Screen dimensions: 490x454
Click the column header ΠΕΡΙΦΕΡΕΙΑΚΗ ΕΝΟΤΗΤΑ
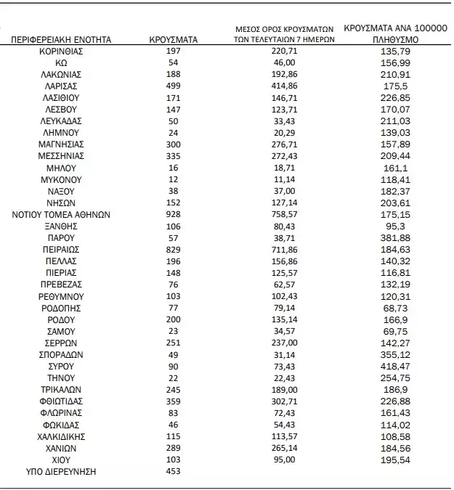pyautogui.click(x=62, y=39)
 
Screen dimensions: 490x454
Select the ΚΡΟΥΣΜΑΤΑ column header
pyautogui.click(x=174, y=39)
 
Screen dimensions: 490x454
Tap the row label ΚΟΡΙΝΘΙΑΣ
pyautogui.click(x=62, y=52)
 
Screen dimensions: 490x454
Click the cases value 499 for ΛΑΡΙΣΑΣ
pyautogui.click(x=173, y=85)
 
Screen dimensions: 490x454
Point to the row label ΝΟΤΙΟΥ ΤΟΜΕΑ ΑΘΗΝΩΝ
pyautogui.click(x=61, y=214)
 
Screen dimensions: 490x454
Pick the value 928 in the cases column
pyautogui.click(x=173, y=214)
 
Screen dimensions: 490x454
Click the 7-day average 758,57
pyautogui.click(x=285, y=214)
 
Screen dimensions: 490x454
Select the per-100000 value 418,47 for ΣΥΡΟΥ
pyautogui.click(x=395, y=367)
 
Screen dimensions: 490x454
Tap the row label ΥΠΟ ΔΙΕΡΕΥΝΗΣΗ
pyautogui.click(x=61, y=472)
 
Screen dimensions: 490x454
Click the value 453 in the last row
pyautogui.click(x=173, y=472)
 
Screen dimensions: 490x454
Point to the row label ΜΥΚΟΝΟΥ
pyautogui.click(x=62, y=179)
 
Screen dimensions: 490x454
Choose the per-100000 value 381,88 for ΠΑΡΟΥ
pyautogui.click(x=395, y=237)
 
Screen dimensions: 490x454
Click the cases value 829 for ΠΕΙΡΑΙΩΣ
pyautogui.click(x=173, y=249)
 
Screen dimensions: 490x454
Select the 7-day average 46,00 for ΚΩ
pyautogui.click(x=285, y=63)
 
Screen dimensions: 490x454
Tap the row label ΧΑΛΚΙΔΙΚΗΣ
pyautogui.click(x=62, y=436)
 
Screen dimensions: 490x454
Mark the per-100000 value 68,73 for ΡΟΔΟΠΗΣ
pyautogui.click(x=395, y=308)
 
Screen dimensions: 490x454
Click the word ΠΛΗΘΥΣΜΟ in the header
pyautogui.click(x=395, y=39)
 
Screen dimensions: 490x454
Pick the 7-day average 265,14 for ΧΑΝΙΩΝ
pyautogui.click(x=285, y=448)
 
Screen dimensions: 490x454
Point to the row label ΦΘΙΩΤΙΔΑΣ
pyautogui.click(x=62, y=401)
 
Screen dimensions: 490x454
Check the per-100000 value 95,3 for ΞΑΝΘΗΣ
pyautogui.click(x=395, y=226)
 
